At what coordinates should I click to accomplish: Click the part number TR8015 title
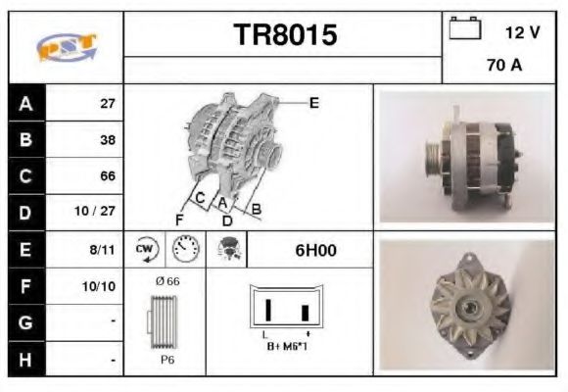[x=284, y=35]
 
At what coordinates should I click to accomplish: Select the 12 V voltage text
[x=521, y=32]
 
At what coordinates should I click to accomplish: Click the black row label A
[x=25, y=103]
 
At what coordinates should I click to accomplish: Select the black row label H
[x=25, y=360]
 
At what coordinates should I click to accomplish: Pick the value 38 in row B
[x=107, y=140]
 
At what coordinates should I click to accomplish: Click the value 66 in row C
[x=107, y=176]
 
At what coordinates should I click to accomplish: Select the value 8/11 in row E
[x=103, y=250]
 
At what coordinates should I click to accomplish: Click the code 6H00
[x=315, y=250]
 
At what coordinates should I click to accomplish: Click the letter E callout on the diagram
[x=313, y=102]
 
